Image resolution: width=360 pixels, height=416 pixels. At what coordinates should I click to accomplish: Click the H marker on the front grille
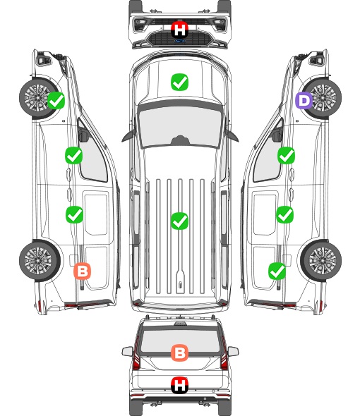[x=180, y=30]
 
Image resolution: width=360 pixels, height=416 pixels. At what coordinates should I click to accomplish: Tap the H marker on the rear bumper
[x=180, y=385]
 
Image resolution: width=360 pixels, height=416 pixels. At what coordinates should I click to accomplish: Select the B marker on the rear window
[x=179, y=353]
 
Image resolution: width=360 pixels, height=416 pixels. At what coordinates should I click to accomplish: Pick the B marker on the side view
[x=83, y=271]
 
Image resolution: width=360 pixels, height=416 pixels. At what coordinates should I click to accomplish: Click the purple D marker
[x=304, y=101]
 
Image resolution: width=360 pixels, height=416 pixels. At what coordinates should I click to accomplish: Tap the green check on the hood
[x=179, y=82]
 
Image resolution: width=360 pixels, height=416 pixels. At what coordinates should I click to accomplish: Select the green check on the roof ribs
[x=179, y=221]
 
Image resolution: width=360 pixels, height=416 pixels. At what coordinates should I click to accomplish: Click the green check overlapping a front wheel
[x=56, y=100]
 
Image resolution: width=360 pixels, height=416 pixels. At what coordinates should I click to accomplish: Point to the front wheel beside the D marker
[x=323, y=98]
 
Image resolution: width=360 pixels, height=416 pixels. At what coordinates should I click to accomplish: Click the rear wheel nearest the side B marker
[x=40, y=261]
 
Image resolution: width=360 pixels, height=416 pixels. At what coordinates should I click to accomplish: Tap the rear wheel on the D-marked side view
[x=321, y=261]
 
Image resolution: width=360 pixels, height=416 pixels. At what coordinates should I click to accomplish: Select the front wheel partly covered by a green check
[x=38, y=98]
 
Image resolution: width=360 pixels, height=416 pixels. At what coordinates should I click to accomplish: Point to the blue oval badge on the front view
[x=179, y=41]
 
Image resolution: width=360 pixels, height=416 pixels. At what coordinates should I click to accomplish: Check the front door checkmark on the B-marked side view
[x=74, y=155]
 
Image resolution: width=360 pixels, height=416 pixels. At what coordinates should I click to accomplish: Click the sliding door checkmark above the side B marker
[x=74, y=214]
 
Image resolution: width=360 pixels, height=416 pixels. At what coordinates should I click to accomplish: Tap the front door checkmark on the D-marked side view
[x=286, y=155]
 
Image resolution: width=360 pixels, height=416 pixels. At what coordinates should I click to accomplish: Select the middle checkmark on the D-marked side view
[x=284, y=214]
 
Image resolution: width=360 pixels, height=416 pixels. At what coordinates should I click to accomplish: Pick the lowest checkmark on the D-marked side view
[x=277, y=271]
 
